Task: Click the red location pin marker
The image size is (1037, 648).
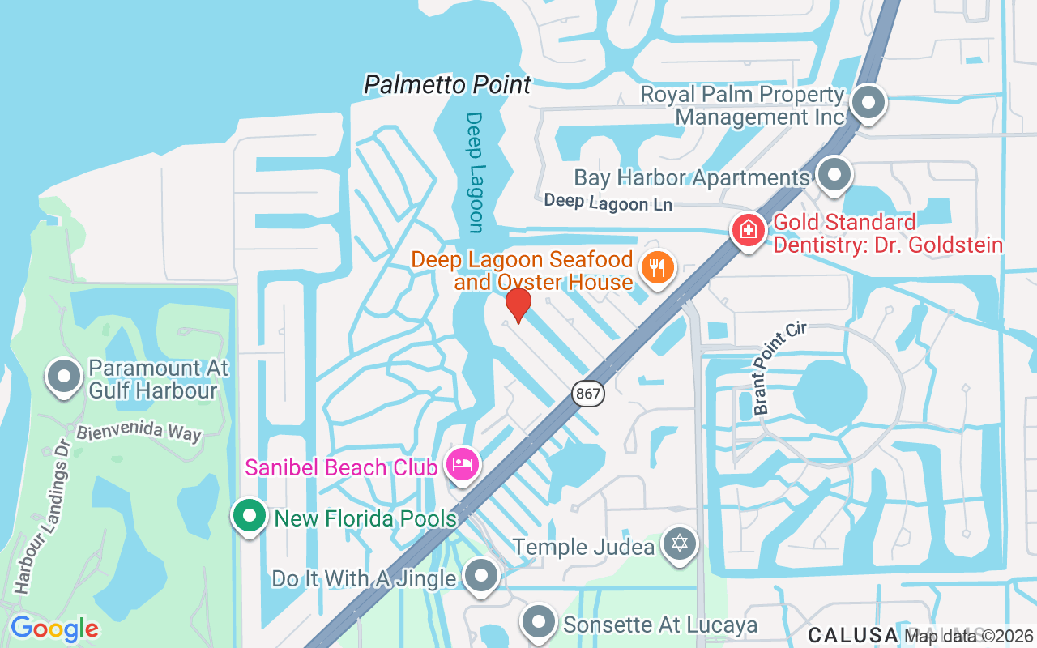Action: point(518,305)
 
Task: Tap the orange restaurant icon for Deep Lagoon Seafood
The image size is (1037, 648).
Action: point(657,266)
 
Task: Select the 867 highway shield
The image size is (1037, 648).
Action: point(587,394)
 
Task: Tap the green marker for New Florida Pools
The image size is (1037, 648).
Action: point(250,516)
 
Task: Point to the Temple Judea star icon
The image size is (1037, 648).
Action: point(679,544)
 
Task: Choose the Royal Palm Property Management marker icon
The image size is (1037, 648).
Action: point(868,103)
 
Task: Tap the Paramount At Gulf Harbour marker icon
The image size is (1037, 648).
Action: point(64,377)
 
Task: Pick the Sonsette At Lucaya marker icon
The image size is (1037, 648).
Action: point(538,623)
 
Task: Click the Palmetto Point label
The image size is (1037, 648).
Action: point(447,84)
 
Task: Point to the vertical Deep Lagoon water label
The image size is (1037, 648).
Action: point(475,172)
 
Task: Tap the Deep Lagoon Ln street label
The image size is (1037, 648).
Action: point(608,202)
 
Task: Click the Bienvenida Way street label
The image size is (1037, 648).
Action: point(139,431)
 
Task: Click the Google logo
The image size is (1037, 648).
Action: point(54,629)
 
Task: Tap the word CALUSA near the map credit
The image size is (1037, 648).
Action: point(852,634)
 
